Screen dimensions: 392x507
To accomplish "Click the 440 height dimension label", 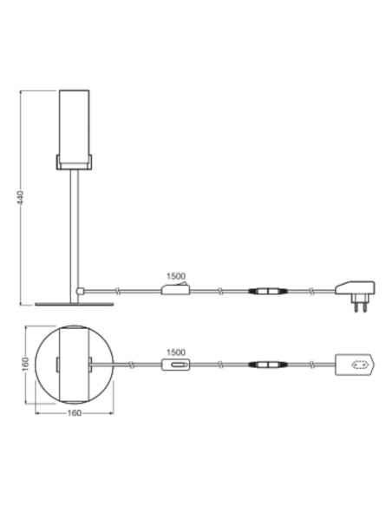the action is coord(21,198).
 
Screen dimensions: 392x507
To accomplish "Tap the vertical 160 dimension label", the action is coord(27,364).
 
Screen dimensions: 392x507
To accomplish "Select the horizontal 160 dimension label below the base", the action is coord(75,413).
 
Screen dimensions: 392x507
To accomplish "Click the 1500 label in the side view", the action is coord(176,276).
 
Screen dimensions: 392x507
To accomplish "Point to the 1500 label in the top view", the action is coord(176,352).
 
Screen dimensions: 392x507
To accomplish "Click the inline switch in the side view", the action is coord(175,289).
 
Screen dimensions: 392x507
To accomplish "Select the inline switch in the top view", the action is coord(175,365).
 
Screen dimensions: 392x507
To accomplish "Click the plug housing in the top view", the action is coord(356,365).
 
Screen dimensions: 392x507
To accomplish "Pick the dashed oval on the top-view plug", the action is coord(359,365).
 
